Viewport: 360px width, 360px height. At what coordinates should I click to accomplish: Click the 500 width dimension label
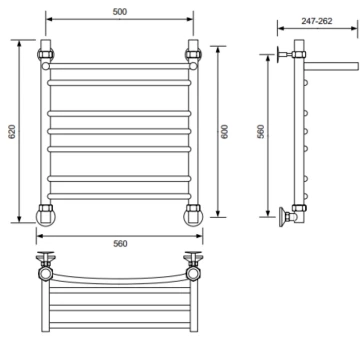[x=120, y=12]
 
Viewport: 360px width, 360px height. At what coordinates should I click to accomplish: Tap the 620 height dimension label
[x=12, y=132]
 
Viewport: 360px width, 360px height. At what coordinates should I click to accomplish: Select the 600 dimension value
[x=225, y=132]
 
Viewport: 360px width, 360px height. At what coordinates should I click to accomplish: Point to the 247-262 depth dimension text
[x=317, y=21]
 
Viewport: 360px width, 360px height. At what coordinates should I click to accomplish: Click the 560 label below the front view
[x=120, y=244]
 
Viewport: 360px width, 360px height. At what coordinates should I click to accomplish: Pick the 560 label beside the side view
[x=261, y=132]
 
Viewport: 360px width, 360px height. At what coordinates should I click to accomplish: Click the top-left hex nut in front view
[x=46, y=54]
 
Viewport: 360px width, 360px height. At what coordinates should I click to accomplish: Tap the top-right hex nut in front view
[x=193, y=54]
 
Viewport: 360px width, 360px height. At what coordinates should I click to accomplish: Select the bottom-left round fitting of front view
[x=46, y=216]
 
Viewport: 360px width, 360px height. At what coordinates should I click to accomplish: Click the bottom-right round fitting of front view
[x=193, y=216]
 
